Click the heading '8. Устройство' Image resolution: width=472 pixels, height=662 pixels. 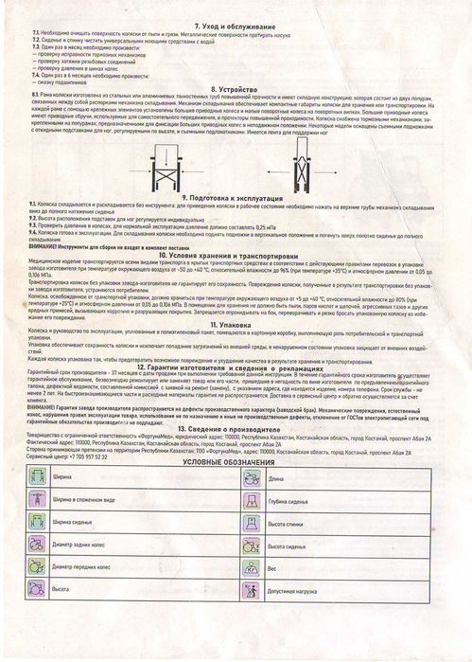[x=237, y=87]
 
